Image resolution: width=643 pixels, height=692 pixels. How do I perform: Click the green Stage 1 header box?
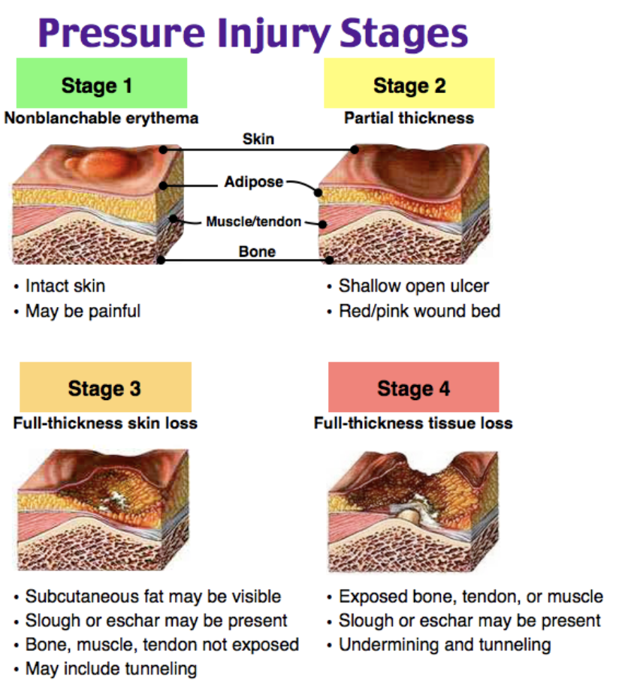point(101,83)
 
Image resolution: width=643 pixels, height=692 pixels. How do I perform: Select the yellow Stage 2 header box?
point(409,83)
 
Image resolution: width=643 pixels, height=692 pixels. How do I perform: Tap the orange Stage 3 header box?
point(106,387)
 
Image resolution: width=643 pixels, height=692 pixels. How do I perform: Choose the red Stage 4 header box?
point(414,387)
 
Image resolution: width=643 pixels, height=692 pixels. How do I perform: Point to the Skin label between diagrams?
point(258,139)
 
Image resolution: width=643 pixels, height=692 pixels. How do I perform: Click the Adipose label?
point(253,182)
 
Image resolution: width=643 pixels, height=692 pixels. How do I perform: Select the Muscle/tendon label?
point(253,221)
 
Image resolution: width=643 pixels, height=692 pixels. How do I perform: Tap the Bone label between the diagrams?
point(257,251)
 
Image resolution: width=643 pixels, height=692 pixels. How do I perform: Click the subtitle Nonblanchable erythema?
point(101,119)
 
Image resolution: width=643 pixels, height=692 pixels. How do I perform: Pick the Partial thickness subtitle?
point(409,119)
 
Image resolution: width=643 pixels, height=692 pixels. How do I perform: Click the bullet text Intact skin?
point(65,286)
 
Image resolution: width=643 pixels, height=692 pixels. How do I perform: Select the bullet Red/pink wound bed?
point(420,311)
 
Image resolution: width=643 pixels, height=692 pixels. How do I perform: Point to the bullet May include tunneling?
point(111,669)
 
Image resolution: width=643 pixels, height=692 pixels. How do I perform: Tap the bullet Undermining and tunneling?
point(445,645)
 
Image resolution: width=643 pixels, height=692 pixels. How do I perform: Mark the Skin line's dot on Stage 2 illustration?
point(355,150)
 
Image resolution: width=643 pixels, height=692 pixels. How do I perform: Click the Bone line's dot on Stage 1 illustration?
point(162,260)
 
